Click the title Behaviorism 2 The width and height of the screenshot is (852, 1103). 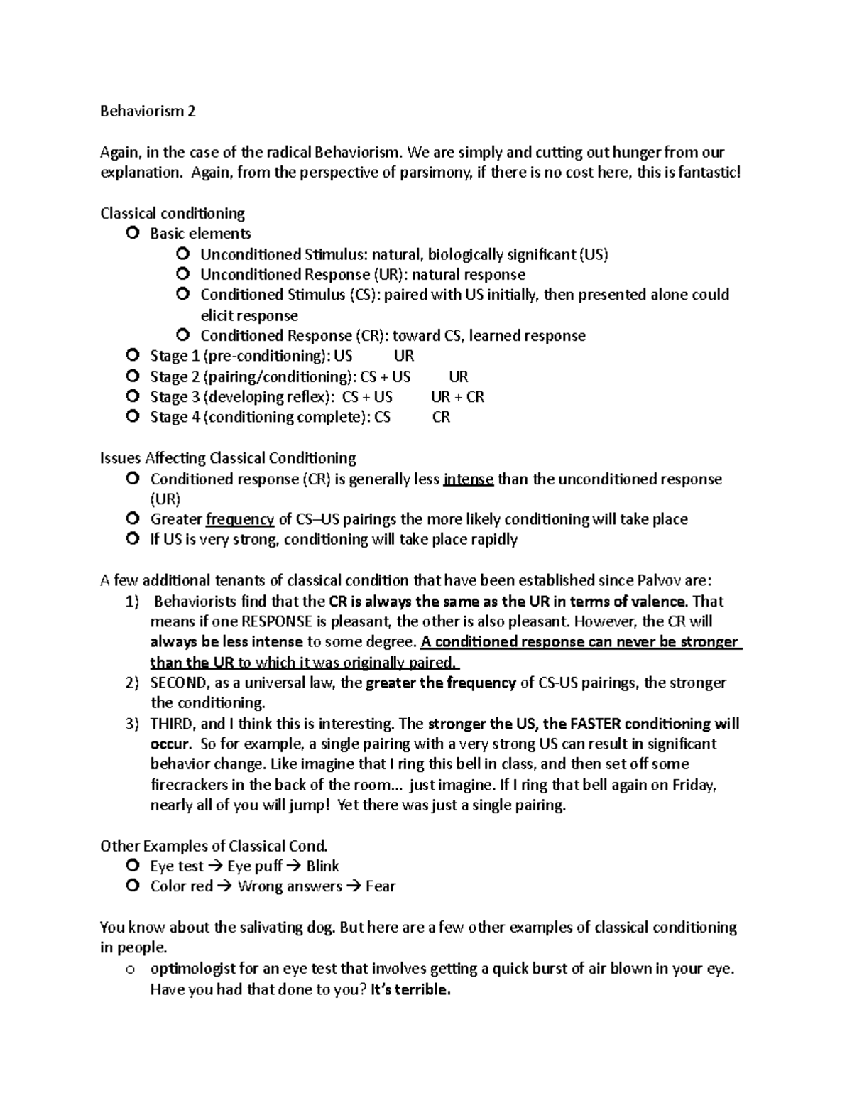(x=148, y=112)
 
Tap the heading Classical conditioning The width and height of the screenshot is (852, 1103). (x=173, y=213)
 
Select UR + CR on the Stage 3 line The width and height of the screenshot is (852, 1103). (x=457, y=396)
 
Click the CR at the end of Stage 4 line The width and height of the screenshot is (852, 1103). (x=441, y=417)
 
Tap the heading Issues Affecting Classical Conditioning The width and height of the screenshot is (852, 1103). (x=228, y=458)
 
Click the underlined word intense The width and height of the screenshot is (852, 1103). (x=468, y=479)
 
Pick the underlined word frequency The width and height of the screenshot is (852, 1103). (x=240, y=519)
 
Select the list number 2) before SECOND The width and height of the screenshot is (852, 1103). (x=132, y=683)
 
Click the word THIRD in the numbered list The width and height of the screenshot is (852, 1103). (x=172, y=724)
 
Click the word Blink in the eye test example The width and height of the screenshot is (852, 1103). (x=322, y=866)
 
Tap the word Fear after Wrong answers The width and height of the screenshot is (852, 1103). (x=381, y=886)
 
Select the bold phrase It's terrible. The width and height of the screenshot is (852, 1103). (x=410, y=989)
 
